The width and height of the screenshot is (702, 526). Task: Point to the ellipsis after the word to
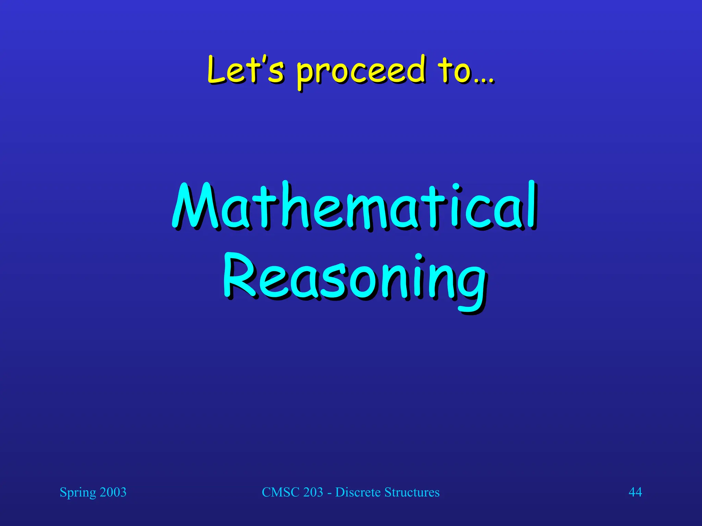(x=484, y=81)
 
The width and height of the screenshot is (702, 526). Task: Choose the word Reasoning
(x=355, y=279)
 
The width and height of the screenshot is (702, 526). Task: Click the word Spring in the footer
(x=78, y=492)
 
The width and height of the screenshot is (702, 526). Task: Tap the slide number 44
(x=635, y=492)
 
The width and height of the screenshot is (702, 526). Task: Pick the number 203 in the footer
(x=313, y=492)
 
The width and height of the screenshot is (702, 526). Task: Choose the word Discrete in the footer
(x=358, y=492)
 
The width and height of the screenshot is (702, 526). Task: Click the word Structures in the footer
(x=412, y=492)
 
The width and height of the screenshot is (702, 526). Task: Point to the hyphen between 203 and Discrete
(x=329, y=493)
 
